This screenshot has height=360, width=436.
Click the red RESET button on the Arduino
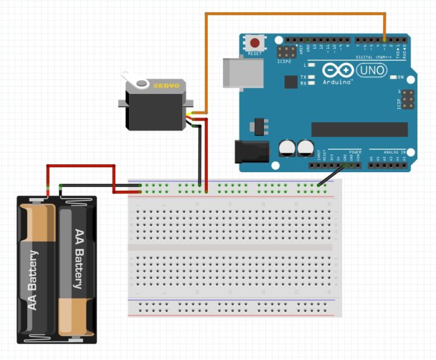pos(256,44)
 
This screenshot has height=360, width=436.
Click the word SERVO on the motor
pos(165,86)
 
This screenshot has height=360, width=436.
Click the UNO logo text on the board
pos(369,70)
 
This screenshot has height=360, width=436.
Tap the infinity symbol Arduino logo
pos(337,70)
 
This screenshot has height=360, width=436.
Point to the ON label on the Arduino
pos(401,78)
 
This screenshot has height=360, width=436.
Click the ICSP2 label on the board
pos(285,61)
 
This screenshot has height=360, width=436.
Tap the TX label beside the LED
pos(303,77)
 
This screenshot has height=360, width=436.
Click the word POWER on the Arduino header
pos(355,152)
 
